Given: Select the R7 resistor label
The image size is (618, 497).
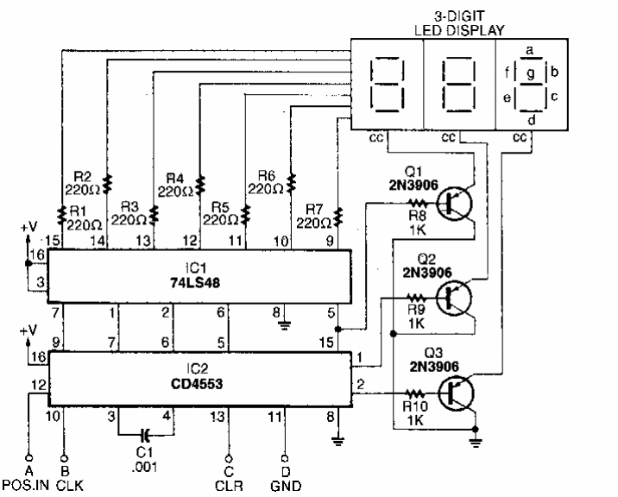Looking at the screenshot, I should (313, 211).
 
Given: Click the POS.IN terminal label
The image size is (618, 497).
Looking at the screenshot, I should (29, 485).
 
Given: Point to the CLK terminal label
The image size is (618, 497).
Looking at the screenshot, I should (66, 485).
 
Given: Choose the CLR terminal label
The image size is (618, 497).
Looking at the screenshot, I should (229, 485).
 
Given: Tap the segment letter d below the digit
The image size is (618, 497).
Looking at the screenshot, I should (532, 119).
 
